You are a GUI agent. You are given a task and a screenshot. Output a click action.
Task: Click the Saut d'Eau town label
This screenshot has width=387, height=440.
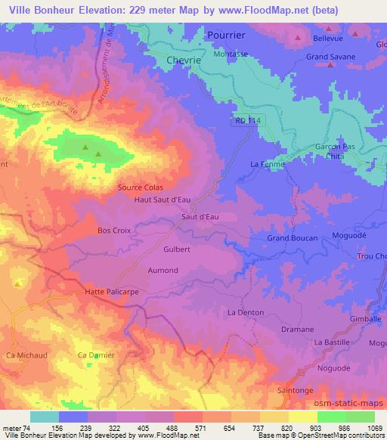(200, 217)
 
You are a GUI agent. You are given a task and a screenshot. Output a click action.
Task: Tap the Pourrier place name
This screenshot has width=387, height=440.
(225, 35)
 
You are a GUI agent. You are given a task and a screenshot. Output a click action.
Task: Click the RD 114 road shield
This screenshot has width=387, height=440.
(241, 119)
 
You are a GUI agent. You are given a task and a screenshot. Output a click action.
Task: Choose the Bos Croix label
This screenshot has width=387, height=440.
(115, 230)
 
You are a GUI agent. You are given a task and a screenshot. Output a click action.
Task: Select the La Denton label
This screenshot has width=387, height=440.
(244, 311)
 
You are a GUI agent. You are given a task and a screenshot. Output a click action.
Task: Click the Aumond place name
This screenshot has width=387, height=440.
(163, 270)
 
